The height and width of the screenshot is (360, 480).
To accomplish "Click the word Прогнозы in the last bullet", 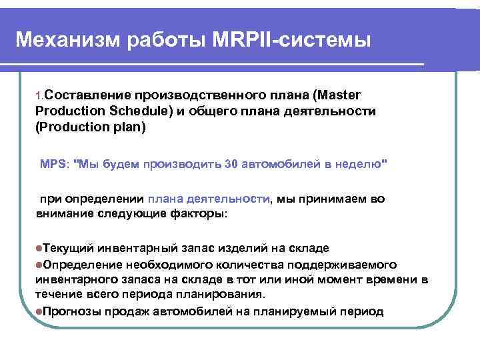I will (71, 311).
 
